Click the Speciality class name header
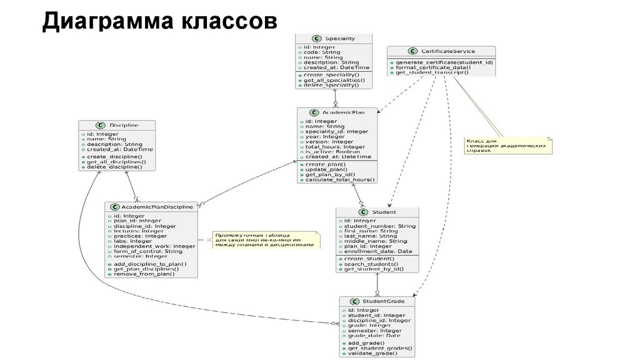340,38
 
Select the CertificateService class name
448,51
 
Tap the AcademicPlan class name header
347,112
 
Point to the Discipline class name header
123,125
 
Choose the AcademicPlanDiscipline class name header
157,207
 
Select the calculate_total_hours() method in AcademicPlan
341,180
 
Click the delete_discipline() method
114,167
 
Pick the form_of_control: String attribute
148,251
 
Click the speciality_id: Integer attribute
337,132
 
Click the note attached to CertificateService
507,146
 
